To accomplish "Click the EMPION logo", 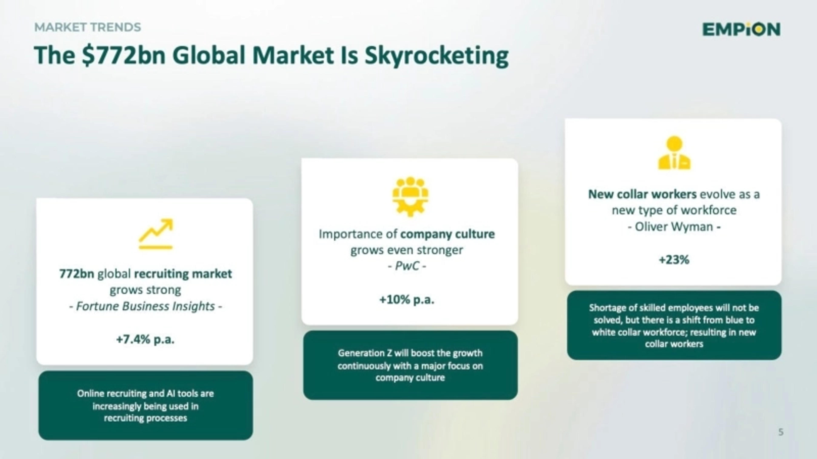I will [741, 30].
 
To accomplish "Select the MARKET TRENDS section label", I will [87, 27].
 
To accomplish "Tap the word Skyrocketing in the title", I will [436, 56].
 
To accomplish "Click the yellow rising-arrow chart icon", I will [156, 234].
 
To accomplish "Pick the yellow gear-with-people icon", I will [410, 196].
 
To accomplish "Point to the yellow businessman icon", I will [674, 153].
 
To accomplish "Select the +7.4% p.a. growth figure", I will [145, 340].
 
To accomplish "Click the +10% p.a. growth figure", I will [407, 299].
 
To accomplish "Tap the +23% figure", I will [674, 260].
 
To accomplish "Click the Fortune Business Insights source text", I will [145, 306].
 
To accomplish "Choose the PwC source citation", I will [407, 266].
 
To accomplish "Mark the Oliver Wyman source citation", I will [674, 227].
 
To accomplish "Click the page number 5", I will [781, 432].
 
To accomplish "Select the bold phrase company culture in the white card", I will [447, 234].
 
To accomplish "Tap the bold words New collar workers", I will [642, 194].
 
